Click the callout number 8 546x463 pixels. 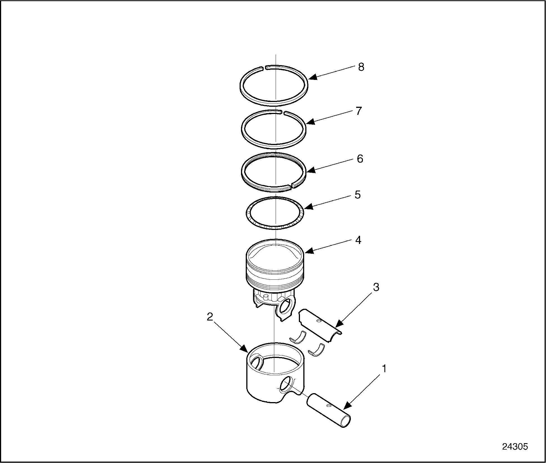[361, 67]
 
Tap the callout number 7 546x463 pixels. [359, 111]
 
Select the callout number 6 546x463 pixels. [360, 159]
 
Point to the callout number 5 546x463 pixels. [358, 195]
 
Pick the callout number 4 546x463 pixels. [358, 240]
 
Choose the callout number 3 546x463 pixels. [376, 287]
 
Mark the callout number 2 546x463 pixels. [210, 317]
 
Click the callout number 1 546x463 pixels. [384, 369]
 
